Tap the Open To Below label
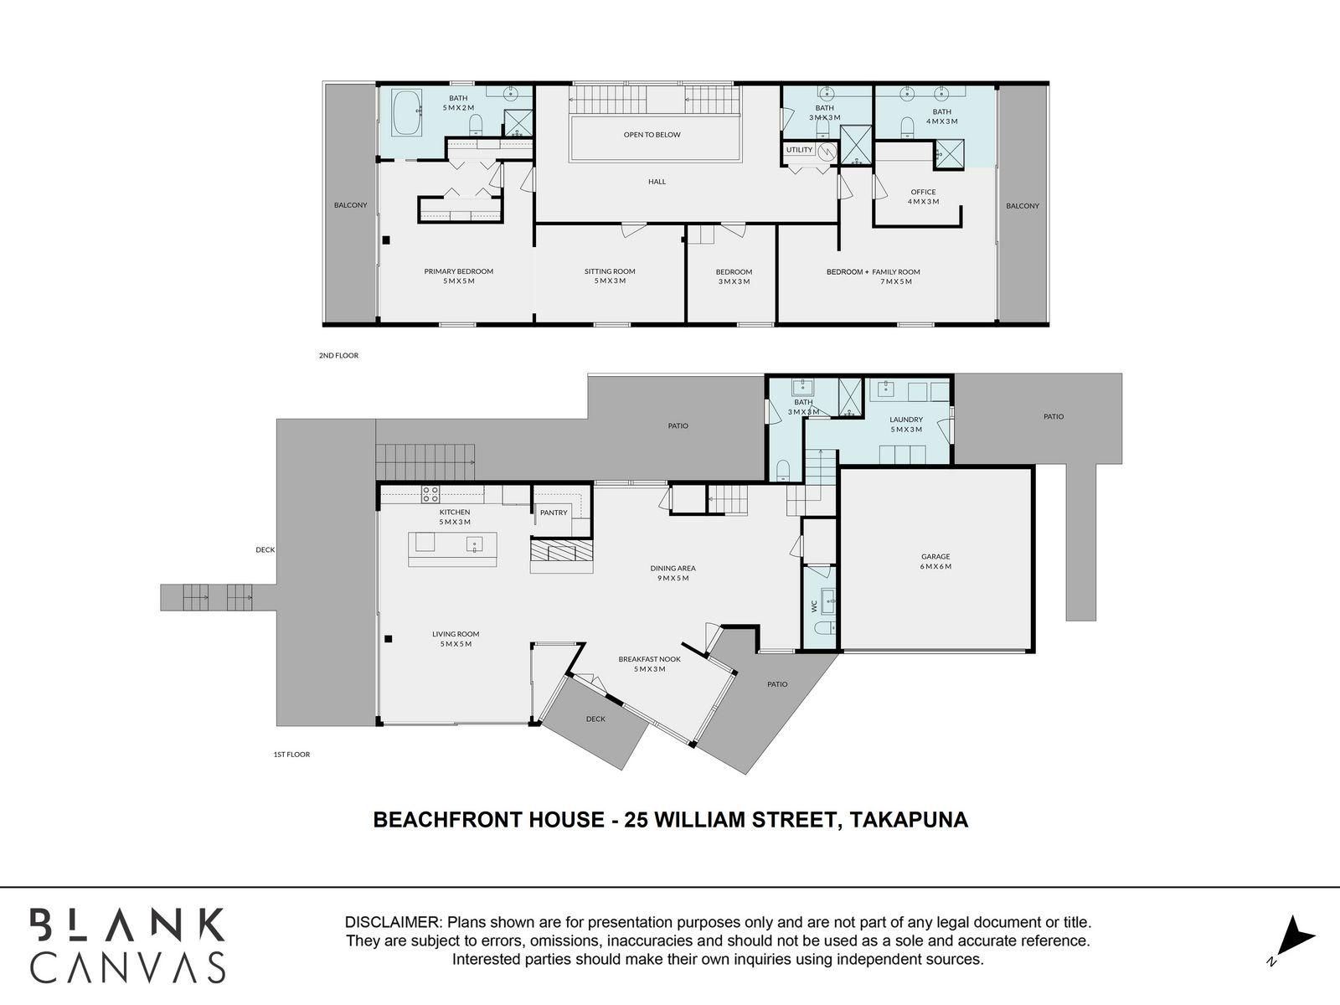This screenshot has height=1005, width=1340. pyautogui.click(x=652, y=135)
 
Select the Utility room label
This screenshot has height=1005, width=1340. pyautogui.click(x=799, y=150)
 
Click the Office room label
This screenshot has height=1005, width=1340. pyautogui.click(x=923, y=193)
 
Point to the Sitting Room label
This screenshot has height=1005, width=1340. pyautogui.click(x=610, y=271)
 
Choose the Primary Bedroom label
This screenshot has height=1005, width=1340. pyautogui.click(x=458, y=271)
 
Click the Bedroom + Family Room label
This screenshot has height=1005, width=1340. pyautogui.click(x=873, y=272)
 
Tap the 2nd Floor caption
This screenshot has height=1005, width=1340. pyautogui.click(x=338, y=356)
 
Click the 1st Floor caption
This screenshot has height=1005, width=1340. pyautogui.click(x=291, y=755)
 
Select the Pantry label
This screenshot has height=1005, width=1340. pyautogui.click(x=554, y=513)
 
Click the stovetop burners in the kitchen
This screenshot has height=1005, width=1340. pyautogui.click(x=430, y=493)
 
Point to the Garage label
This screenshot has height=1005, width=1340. pyautogui.click(x=935, y=557)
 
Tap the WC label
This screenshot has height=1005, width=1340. pyautogui.click(x=813, y=604)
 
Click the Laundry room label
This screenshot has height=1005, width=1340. pyautogui.click(x=906, y=420)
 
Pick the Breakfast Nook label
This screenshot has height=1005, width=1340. pyautogui.click(x=649, y=659)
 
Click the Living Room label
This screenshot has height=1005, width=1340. pyautogui.click(x=456, y=634)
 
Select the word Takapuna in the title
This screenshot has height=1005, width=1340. pyautogui.click(x=909, y=819)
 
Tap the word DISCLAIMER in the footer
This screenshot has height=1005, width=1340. pyautogui.click(x=393, y=923)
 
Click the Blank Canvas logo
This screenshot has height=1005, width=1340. pyautogui.click(x=127, y=944)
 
